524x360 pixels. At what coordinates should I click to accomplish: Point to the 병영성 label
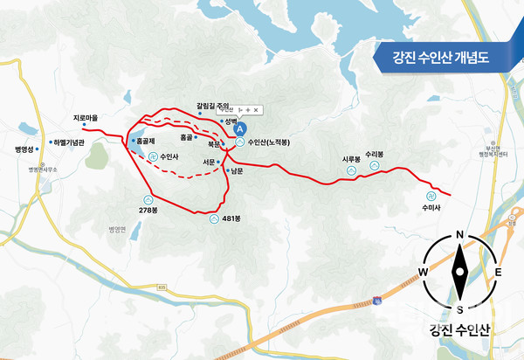click(x=24, y=149)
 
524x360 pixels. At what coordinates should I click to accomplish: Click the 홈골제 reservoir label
click(x=144, y=140)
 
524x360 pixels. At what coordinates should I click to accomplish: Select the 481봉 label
click(x=231, y=218)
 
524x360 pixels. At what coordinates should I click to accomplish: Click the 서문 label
click(x=209, y=161)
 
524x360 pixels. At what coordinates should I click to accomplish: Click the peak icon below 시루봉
click(x=351, y=170)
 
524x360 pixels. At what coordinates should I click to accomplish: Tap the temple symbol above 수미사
click(x=431, y=195)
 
